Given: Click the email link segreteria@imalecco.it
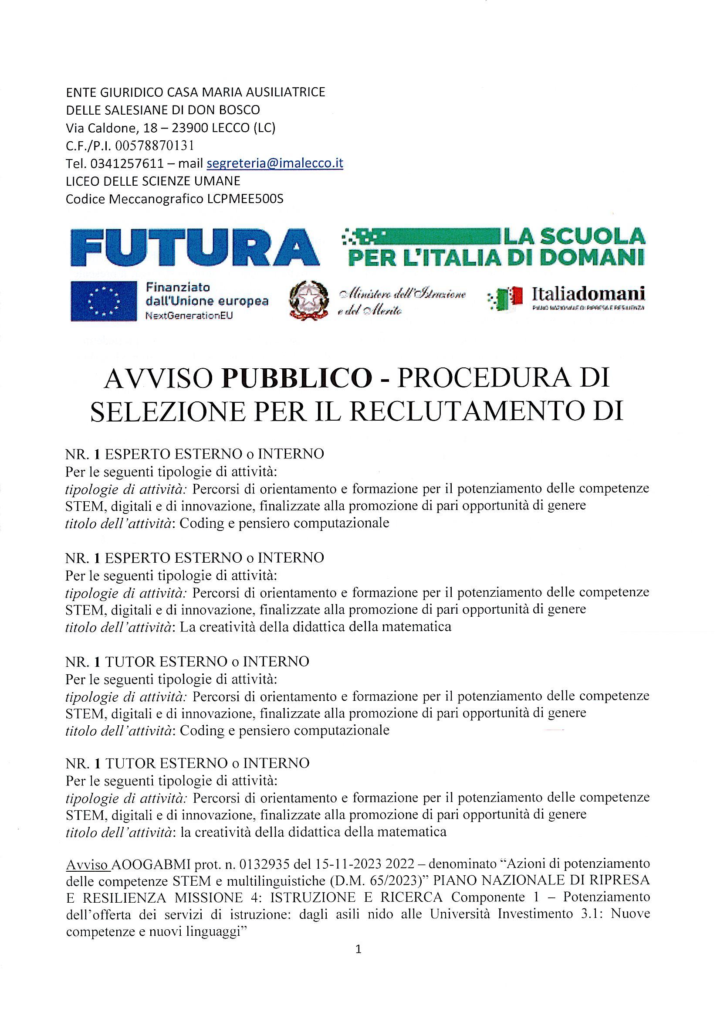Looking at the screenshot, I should pyautogui.click(x=275, y=163).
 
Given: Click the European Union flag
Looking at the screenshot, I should pyautogui.click(x=104, y=301).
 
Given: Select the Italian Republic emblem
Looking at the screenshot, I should pyautogui.click(x=310, y=301).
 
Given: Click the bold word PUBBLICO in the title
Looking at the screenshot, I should pyautogui.click(x=297, y=379).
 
